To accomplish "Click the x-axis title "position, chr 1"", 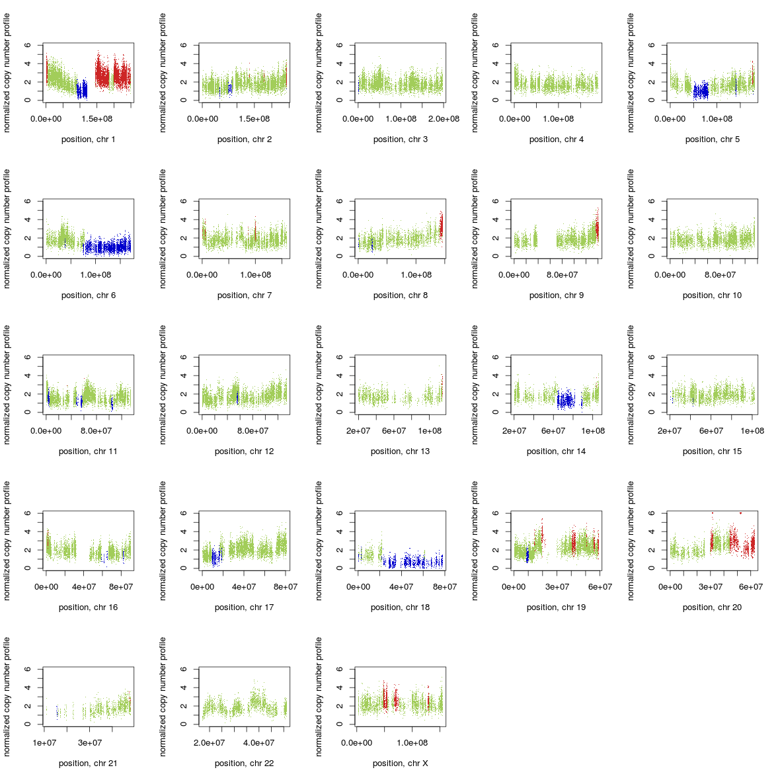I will (x=88, y=139).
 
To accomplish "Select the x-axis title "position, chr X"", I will (x=400, y=763).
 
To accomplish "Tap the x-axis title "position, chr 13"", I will (x=400, y=451).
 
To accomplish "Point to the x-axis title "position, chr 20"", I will (x=712, y=607).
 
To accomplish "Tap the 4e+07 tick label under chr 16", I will (x=84, y=587).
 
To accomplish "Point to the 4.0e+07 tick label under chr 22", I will (x=258, y=743).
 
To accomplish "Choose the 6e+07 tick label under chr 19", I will (x=600, y=587).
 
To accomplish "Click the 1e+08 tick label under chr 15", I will (x=752, y=431).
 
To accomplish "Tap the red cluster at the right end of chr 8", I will (x=441, y=226).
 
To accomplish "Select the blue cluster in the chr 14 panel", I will (x=565, y=400).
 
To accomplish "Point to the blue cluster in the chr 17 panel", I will (x=214, y=557).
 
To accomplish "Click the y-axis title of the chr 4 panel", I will (x=475, y=73).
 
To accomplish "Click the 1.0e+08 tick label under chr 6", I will (x=96, y=275).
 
